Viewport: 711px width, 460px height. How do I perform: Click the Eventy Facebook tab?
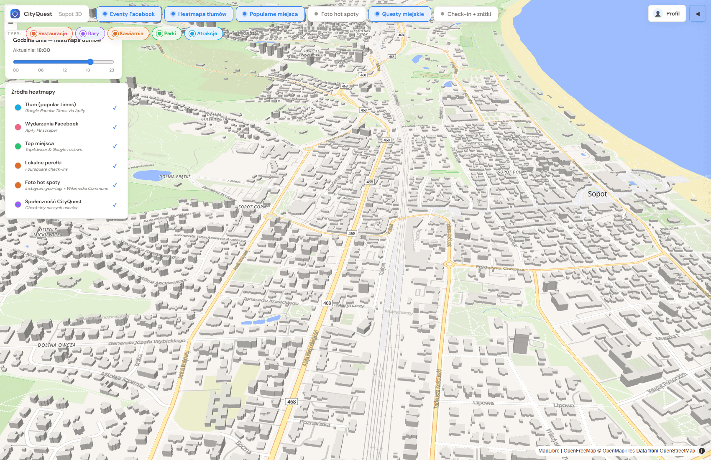pos(129,14)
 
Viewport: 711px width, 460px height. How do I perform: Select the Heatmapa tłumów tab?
pos(199,14)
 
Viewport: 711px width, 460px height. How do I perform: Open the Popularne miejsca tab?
pos(270,14)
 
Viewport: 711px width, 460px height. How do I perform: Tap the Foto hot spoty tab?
pos(336,14)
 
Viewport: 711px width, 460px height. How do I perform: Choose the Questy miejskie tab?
pos(399,14)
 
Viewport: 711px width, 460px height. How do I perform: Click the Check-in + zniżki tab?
pos(466,14)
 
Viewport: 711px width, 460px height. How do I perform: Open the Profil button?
pos(667,13)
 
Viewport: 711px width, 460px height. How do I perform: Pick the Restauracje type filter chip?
pos(49,33)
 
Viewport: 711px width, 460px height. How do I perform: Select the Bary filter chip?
pos(90,33)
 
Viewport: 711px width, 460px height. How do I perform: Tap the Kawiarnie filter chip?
pos(128,33)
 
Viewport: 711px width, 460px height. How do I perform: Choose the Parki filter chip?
pos(166,33)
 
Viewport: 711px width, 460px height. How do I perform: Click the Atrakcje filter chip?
pos(203,33)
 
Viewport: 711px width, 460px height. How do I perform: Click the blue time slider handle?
pos(90,62)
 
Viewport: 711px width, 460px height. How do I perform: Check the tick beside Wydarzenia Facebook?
pos(115,127)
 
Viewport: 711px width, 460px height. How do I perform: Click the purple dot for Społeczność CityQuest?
pos(18,204)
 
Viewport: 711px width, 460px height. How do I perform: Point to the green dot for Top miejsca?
pos(18,146)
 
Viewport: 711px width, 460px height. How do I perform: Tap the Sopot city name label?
pos(597,194)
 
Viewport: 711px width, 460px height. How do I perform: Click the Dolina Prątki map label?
pos(174,177)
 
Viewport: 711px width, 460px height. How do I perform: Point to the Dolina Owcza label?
pos(57,345)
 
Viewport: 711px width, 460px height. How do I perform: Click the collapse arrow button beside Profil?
pos(697,13)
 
